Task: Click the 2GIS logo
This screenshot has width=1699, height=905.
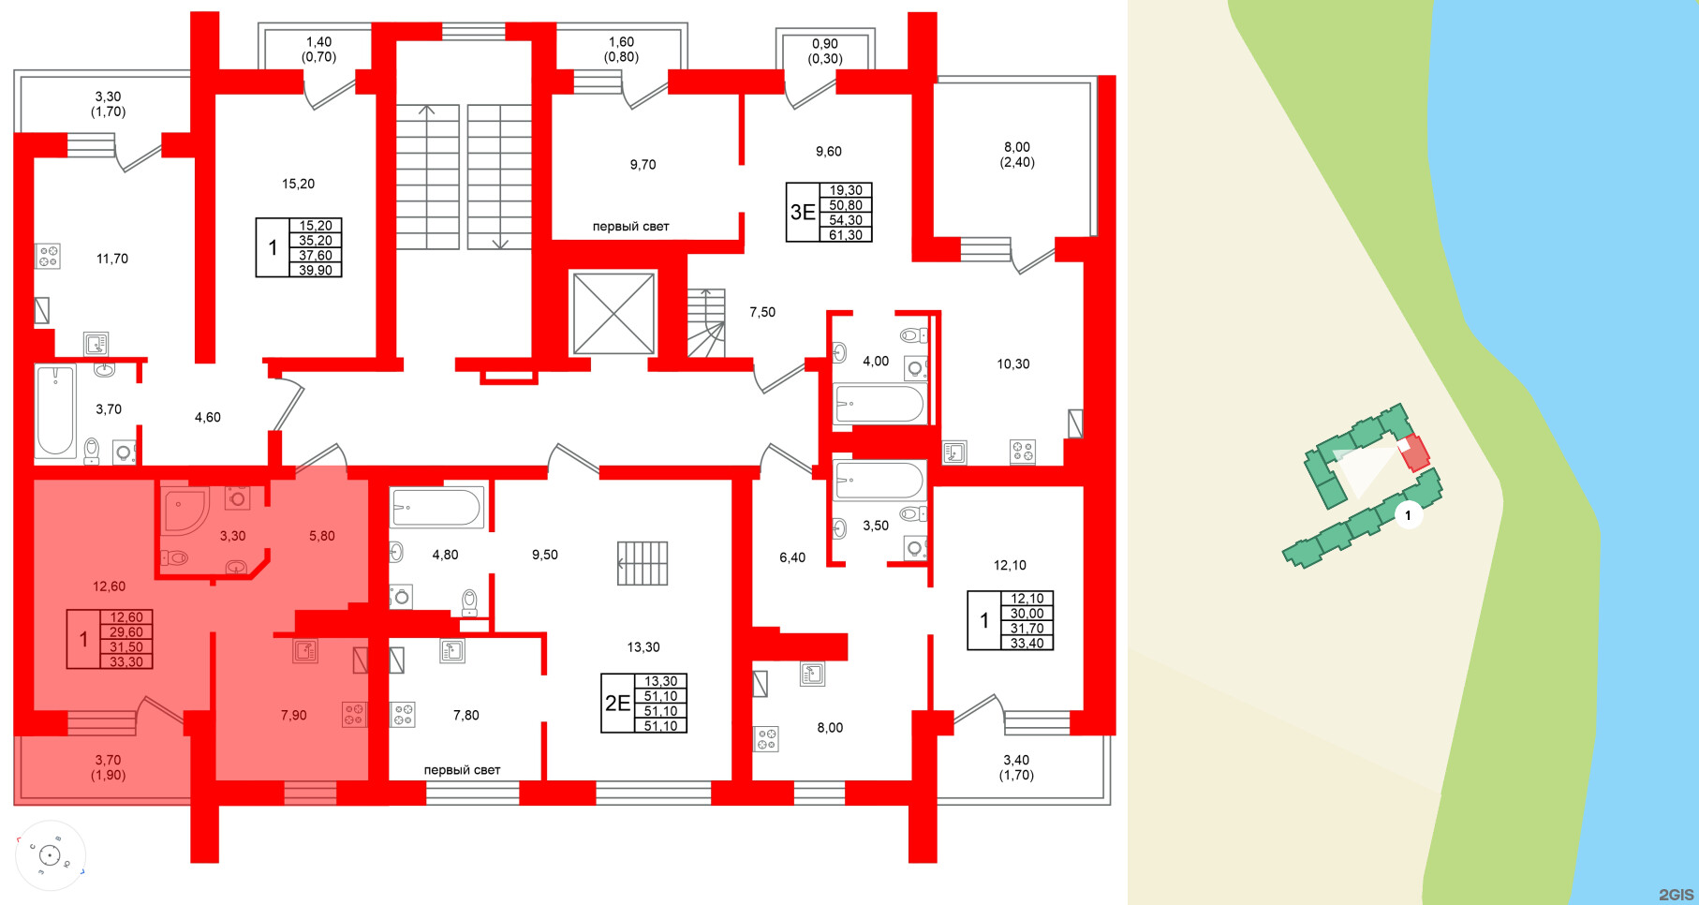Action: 1675,895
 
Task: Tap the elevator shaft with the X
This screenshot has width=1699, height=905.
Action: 613,314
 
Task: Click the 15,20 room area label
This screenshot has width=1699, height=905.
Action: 298,185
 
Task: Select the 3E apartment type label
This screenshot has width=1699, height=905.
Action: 803,213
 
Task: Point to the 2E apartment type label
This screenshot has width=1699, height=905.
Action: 617,704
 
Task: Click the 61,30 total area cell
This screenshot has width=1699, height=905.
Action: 846,235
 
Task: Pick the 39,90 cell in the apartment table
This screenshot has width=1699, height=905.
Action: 316,271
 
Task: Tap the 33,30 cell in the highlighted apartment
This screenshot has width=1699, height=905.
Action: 126,662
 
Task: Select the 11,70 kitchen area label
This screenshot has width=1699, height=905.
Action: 112,259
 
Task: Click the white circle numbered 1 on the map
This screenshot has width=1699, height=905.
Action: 1407,515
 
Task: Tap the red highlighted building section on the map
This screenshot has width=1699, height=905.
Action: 1414,452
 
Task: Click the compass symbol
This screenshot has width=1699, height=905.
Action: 50,854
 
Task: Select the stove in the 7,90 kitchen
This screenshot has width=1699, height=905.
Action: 354,715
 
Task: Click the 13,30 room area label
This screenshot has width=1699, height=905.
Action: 643,647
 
